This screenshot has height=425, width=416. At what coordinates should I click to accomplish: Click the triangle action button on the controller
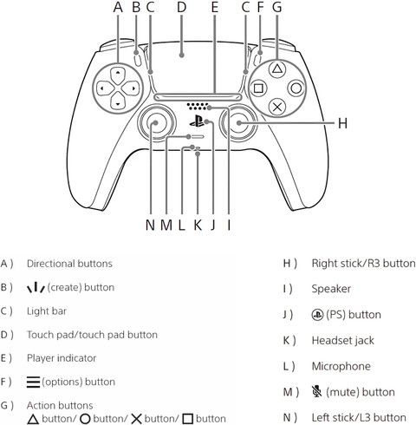tap(277, 69)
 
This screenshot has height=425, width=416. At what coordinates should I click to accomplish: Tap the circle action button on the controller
tap(296, 88)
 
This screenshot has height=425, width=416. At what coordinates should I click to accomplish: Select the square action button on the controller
tap(258, 88)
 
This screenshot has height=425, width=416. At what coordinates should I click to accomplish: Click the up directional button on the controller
tap(118, 75)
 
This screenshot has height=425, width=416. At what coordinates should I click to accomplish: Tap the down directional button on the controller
tap(118, 101)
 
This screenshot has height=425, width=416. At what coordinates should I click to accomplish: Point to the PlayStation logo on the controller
tap(197, 121)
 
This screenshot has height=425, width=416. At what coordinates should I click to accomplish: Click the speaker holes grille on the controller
tap(198, 107)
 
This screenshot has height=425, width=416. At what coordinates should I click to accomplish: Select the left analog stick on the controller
tap(156, 123)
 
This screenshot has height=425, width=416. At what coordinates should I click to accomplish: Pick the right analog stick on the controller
tap(238, 123)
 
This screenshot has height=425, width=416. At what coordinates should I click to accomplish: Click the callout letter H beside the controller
tap(342, 123)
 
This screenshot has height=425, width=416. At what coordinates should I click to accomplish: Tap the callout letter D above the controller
tap(181, 7)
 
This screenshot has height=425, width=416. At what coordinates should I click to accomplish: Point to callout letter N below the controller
tap(150, 225)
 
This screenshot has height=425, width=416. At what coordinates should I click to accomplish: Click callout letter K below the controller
tap(198, 225)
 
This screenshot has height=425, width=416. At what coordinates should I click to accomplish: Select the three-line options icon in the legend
tap(33, 382)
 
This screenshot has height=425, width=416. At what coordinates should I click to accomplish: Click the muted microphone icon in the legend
tap(317, 391)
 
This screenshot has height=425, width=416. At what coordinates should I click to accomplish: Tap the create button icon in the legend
tap(36, 287)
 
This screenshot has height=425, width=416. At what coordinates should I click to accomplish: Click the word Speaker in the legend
tap(331, 289)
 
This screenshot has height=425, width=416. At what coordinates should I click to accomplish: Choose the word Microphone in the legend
tap(341, 366)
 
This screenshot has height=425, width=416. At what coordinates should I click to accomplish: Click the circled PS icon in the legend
tap(317, 315)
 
